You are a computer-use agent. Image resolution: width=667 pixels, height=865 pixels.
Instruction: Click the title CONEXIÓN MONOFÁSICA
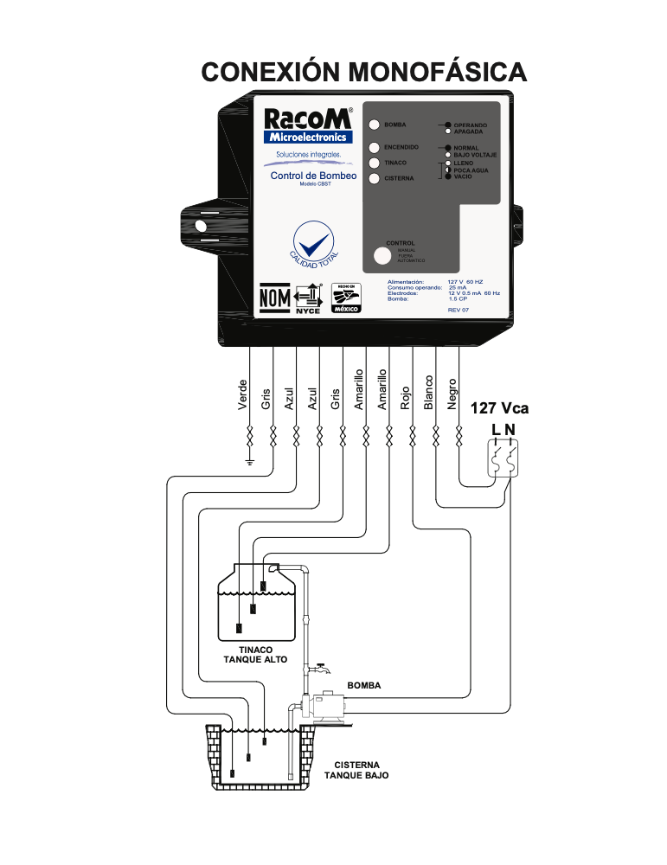coord(363,71)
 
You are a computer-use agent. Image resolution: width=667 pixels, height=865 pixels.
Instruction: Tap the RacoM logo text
coord(307,119)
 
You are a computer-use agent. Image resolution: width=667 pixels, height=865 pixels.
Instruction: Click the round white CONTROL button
coord(382,256)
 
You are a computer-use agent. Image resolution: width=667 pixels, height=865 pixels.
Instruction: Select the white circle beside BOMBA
coord(375,125)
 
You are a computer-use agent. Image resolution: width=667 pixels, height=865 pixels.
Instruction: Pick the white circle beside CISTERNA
coord(375,179)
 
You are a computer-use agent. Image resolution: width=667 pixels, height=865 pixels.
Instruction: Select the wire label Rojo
coord(405,397)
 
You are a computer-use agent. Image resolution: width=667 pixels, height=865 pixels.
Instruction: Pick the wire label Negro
coord(452,394)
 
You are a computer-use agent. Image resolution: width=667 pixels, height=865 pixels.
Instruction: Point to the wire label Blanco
coord(428,393)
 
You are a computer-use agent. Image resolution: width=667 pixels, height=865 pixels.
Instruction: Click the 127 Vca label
coord(499,409)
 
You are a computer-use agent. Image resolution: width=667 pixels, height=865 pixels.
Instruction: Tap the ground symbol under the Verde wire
coord(249,461)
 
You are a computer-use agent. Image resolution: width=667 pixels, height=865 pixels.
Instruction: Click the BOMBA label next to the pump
coord(364,685)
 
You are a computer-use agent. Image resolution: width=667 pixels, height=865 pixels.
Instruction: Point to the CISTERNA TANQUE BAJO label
coord(356,771)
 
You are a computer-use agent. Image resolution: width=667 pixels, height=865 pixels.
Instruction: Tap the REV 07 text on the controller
coord(459,310)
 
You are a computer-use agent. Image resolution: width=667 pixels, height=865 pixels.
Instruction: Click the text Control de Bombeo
coord(308,176)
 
